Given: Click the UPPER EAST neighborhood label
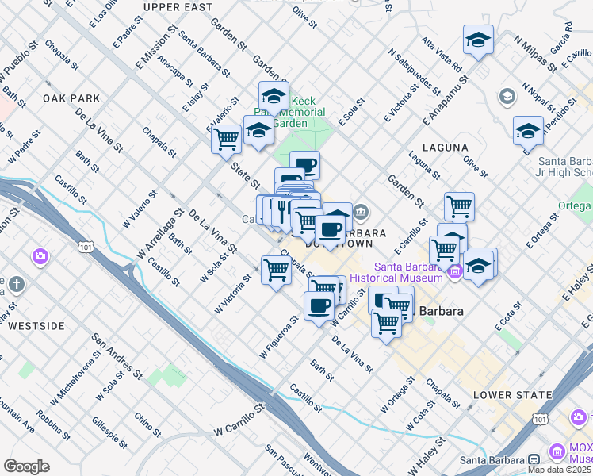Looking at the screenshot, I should pyautogui.click(x=178, y=7).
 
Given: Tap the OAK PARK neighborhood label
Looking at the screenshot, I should pyautogui.click(x=71, y=98).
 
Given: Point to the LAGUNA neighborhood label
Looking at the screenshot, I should pyautogui.click(x=446, y=148).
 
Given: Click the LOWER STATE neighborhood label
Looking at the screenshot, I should pyautogui.click(x=512, y=394).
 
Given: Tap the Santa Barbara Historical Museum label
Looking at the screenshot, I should pyautogui.click(x=408, y=272).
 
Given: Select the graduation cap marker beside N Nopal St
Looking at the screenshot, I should pyautogui.click(x=528, y=131).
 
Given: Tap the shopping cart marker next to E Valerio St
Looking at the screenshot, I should pyautogui.click(x=226, y=139).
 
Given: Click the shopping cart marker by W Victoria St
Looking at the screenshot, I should pyautogui.click(x=276, y=271).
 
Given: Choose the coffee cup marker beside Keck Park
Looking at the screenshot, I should pyautogui.click(x=304, y=165).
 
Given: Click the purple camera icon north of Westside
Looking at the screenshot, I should pyautogui.click(x=40, y=256).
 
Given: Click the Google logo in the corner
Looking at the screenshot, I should pyautogui.click(x=27, y=466).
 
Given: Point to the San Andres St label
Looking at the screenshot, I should pyautogui.click(x=110, y=352).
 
